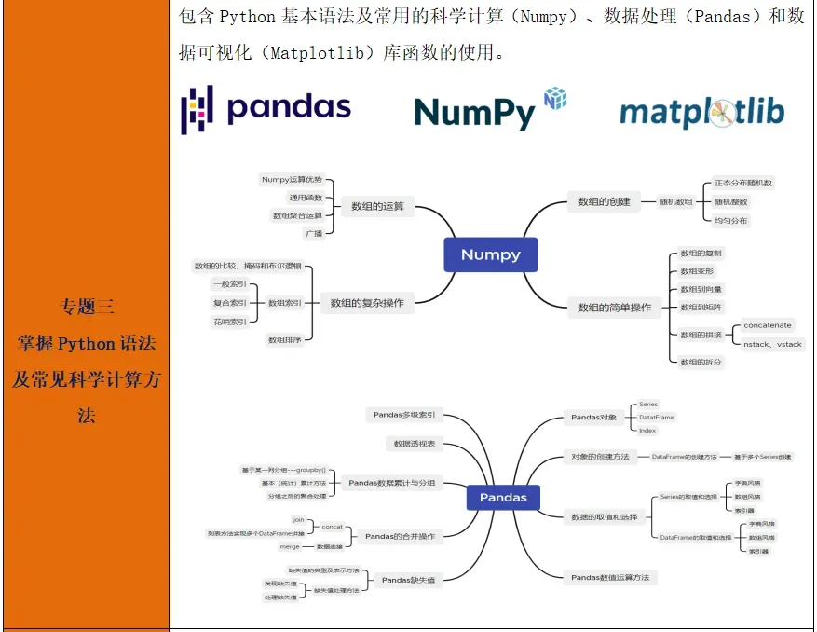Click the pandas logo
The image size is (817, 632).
tap(266, 108)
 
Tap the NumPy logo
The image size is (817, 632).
tap(490, 110)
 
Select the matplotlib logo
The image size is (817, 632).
tap(701, 113)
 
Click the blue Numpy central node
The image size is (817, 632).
tap(491, 254)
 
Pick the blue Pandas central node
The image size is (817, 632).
tap(503, 497)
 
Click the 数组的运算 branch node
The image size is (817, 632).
tap(377, 206)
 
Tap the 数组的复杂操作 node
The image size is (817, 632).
tap(367, 303)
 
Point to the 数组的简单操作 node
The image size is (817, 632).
tap(614, 307)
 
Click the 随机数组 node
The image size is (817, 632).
tap(676, 201)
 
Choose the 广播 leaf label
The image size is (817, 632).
tap(313, 233)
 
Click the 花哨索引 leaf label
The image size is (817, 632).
tap(230, 322)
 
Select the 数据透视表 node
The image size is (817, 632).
tap(415, 444)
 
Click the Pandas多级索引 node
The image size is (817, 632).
tap(410, 415)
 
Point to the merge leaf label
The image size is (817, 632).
tap(290, 546)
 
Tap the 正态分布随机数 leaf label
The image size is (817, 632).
tap(742, 183)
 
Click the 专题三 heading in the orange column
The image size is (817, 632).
tap(87, 306)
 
